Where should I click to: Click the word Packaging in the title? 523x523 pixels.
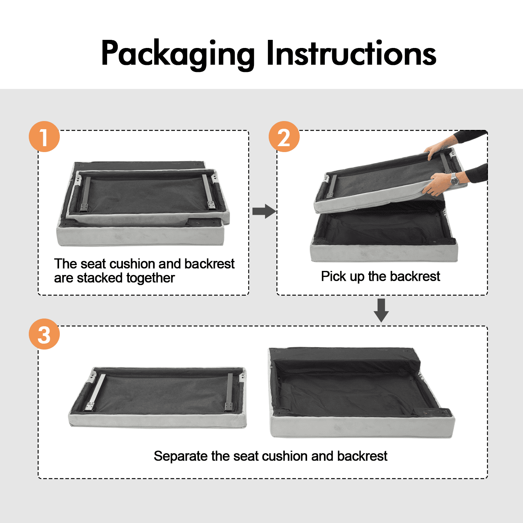pyautogui.click(x=178, y=54)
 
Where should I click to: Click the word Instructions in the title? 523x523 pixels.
pyautogui.click(x=351, y=53)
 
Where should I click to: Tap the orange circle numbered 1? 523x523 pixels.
pyautogui.click(x=44, y=137)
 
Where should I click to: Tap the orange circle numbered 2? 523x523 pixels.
pyautogui.click(x=284, y=137)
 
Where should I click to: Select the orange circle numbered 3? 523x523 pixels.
pyautogui.click(x=44, y=334)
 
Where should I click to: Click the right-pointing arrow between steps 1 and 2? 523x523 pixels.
pyautogui.click(x=264, y=211)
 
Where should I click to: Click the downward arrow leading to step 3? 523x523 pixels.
pyautogui.click(x=381, y=310)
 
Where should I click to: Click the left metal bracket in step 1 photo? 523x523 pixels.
pyautogui.click(x=86, y=195)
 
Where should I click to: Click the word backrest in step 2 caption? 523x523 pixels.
pyautogui.click(x=415, y=276)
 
